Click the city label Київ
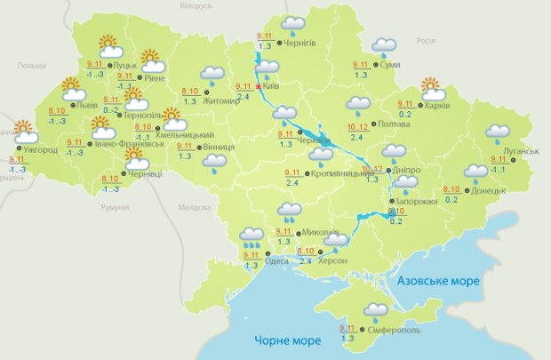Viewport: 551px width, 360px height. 272,86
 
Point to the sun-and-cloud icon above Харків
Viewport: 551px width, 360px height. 432,88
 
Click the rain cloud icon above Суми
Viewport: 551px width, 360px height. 384,45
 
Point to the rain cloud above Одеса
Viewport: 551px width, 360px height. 252,236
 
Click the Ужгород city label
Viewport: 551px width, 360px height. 41,149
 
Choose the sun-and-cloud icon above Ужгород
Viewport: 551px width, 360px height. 25,132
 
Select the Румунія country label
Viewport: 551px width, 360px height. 116,206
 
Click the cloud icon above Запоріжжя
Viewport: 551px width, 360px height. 406,184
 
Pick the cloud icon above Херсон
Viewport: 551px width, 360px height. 335,239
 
